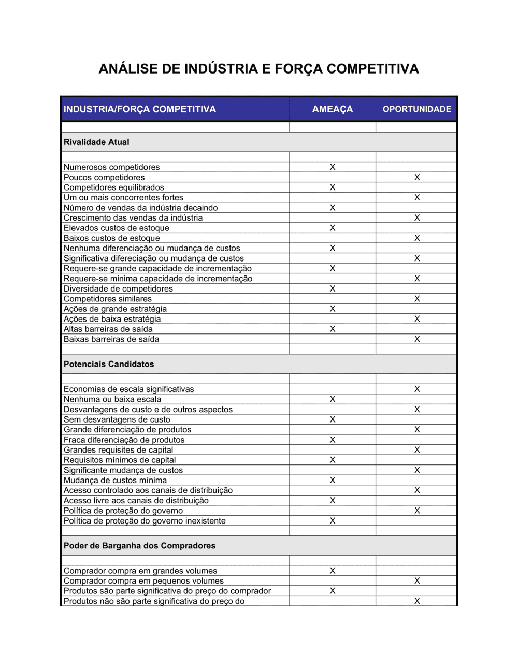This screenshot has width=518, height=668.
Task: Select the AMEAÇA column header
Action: tap(333, 109)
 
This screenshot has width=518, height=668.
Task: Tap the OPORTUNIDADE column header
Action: tap(416, 109)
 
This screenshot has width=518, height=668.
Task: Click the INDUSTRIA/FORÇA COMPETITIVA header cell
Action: tap(140, 109)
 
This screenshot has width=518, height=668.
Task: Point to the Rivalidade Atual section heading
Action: tap(96, 142)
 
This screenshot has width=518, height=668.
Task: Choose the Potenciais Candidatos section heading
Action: tap(109, 364)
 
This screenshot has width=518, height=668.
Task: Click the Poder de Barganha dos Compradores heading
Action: tap(139, 546)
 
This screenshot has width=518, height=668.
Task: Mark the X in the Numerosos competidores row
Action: tap(333, 167)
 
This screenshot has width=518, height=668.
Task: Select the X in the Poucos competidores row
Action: tap(417, 177)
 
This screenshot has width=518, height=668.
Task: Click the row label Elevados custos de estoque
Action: tap(117, 228)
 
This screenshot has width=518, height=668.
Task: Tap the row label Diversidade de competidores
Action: tap(118, 288)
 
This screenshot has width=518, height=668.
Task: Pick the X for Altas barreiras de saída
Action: tap(333, 329)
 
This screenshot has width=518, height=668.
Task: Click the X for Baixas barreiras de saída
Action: tap(417, 339)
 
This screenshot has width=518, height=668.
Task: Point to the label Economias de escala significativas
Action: tap(129, 389)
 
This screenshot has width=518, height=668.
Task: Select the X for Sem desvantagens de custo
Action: tap(333, 419)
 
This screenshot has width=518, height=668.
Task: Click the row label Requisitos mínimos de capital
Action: tap(120, 460)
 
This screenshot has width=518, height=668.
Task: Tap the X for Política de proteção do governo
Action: tap(417, 511)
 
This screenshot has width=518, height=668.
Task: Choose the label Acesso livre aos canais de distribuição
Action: tap(136, 501)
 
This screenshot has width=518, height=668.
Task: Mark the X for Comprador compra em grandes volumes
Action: tap(333, 571)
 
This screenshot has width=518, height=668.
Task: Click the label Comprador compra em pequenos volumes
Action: tap(144, 581)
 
